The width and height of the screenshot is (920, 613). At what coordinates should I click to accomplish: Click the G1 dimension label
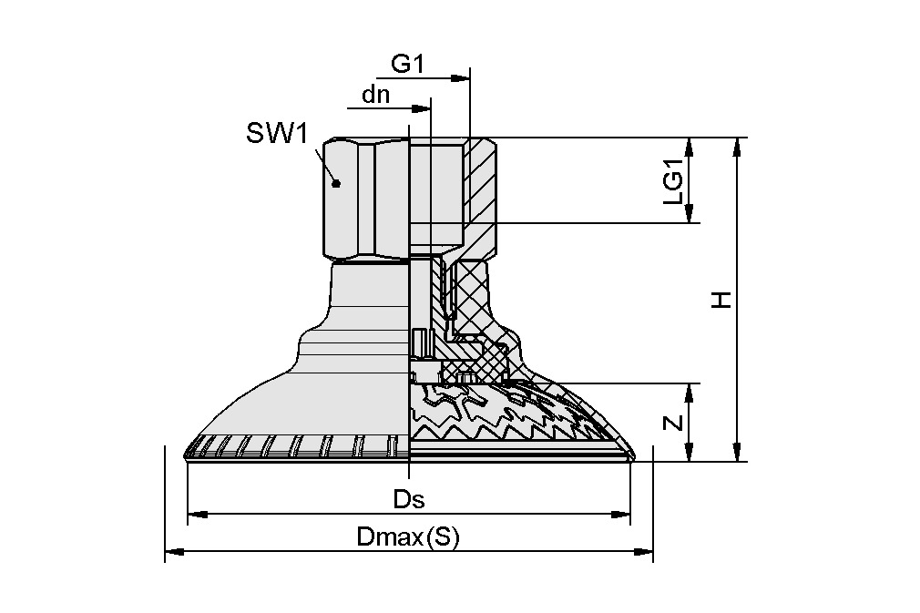(407, 65)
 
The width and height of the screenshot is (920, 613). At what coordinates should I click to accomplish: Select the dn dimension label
(377, 95)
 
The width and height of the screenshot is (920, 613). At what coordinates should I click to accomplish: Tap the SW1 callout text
(276, 134)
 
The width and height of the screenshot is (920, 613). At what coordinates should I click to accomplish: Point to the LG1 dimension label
(673, 180)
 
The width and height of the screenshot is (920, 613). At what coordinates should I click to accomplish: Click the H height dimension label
(721, 299)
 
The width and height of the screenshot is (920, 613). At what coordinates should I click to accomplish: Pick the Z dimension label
(673, 423)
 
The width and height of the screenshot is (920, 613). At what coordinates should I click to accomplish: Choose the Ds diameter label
(409, 499)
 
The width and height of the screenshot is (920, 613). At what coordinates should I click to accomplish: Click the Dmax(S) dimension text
(409, 536)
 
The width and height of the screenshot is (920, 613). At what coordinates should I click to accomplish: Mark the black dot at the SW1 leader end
(336, 183)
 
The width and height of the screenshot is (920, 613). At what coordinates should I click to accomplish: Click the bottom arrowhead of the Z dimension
(692, 455)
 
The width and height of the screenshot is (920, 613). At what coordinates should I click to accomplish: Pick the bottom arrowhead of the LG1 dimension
(692, 217)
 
